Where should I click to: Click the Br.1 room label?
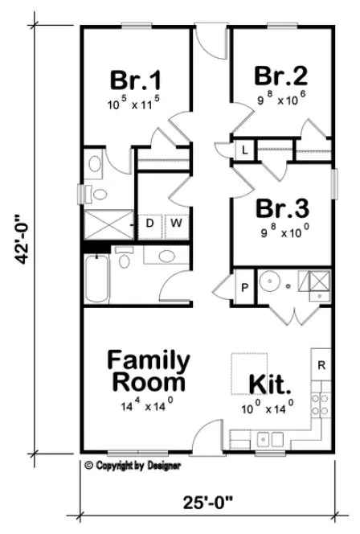click(x=135, y=82)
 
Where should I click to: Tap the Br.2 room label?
click(x=281, y=76)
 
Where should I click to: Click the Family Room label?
click(x=149, y=369)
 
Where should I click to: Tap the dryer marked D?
click(x=150, y=223)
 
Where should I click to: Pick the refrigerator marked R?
click(x=321, y=364)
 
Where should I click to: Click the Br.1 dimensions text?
click(x=135, y=104)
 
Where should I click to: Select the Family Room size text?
click(x=148, y=407)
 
